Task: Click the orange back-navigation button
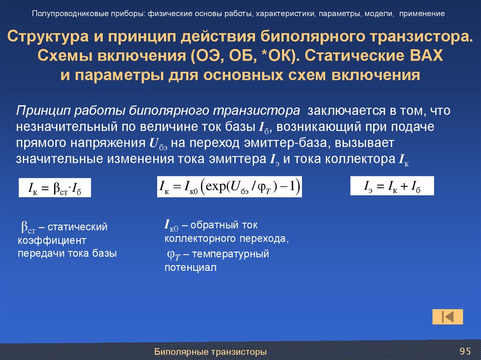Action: [447, 317]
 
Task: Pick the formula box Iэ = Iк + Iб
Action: [392, 186]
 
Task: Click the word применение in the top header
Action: [422, 13]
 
